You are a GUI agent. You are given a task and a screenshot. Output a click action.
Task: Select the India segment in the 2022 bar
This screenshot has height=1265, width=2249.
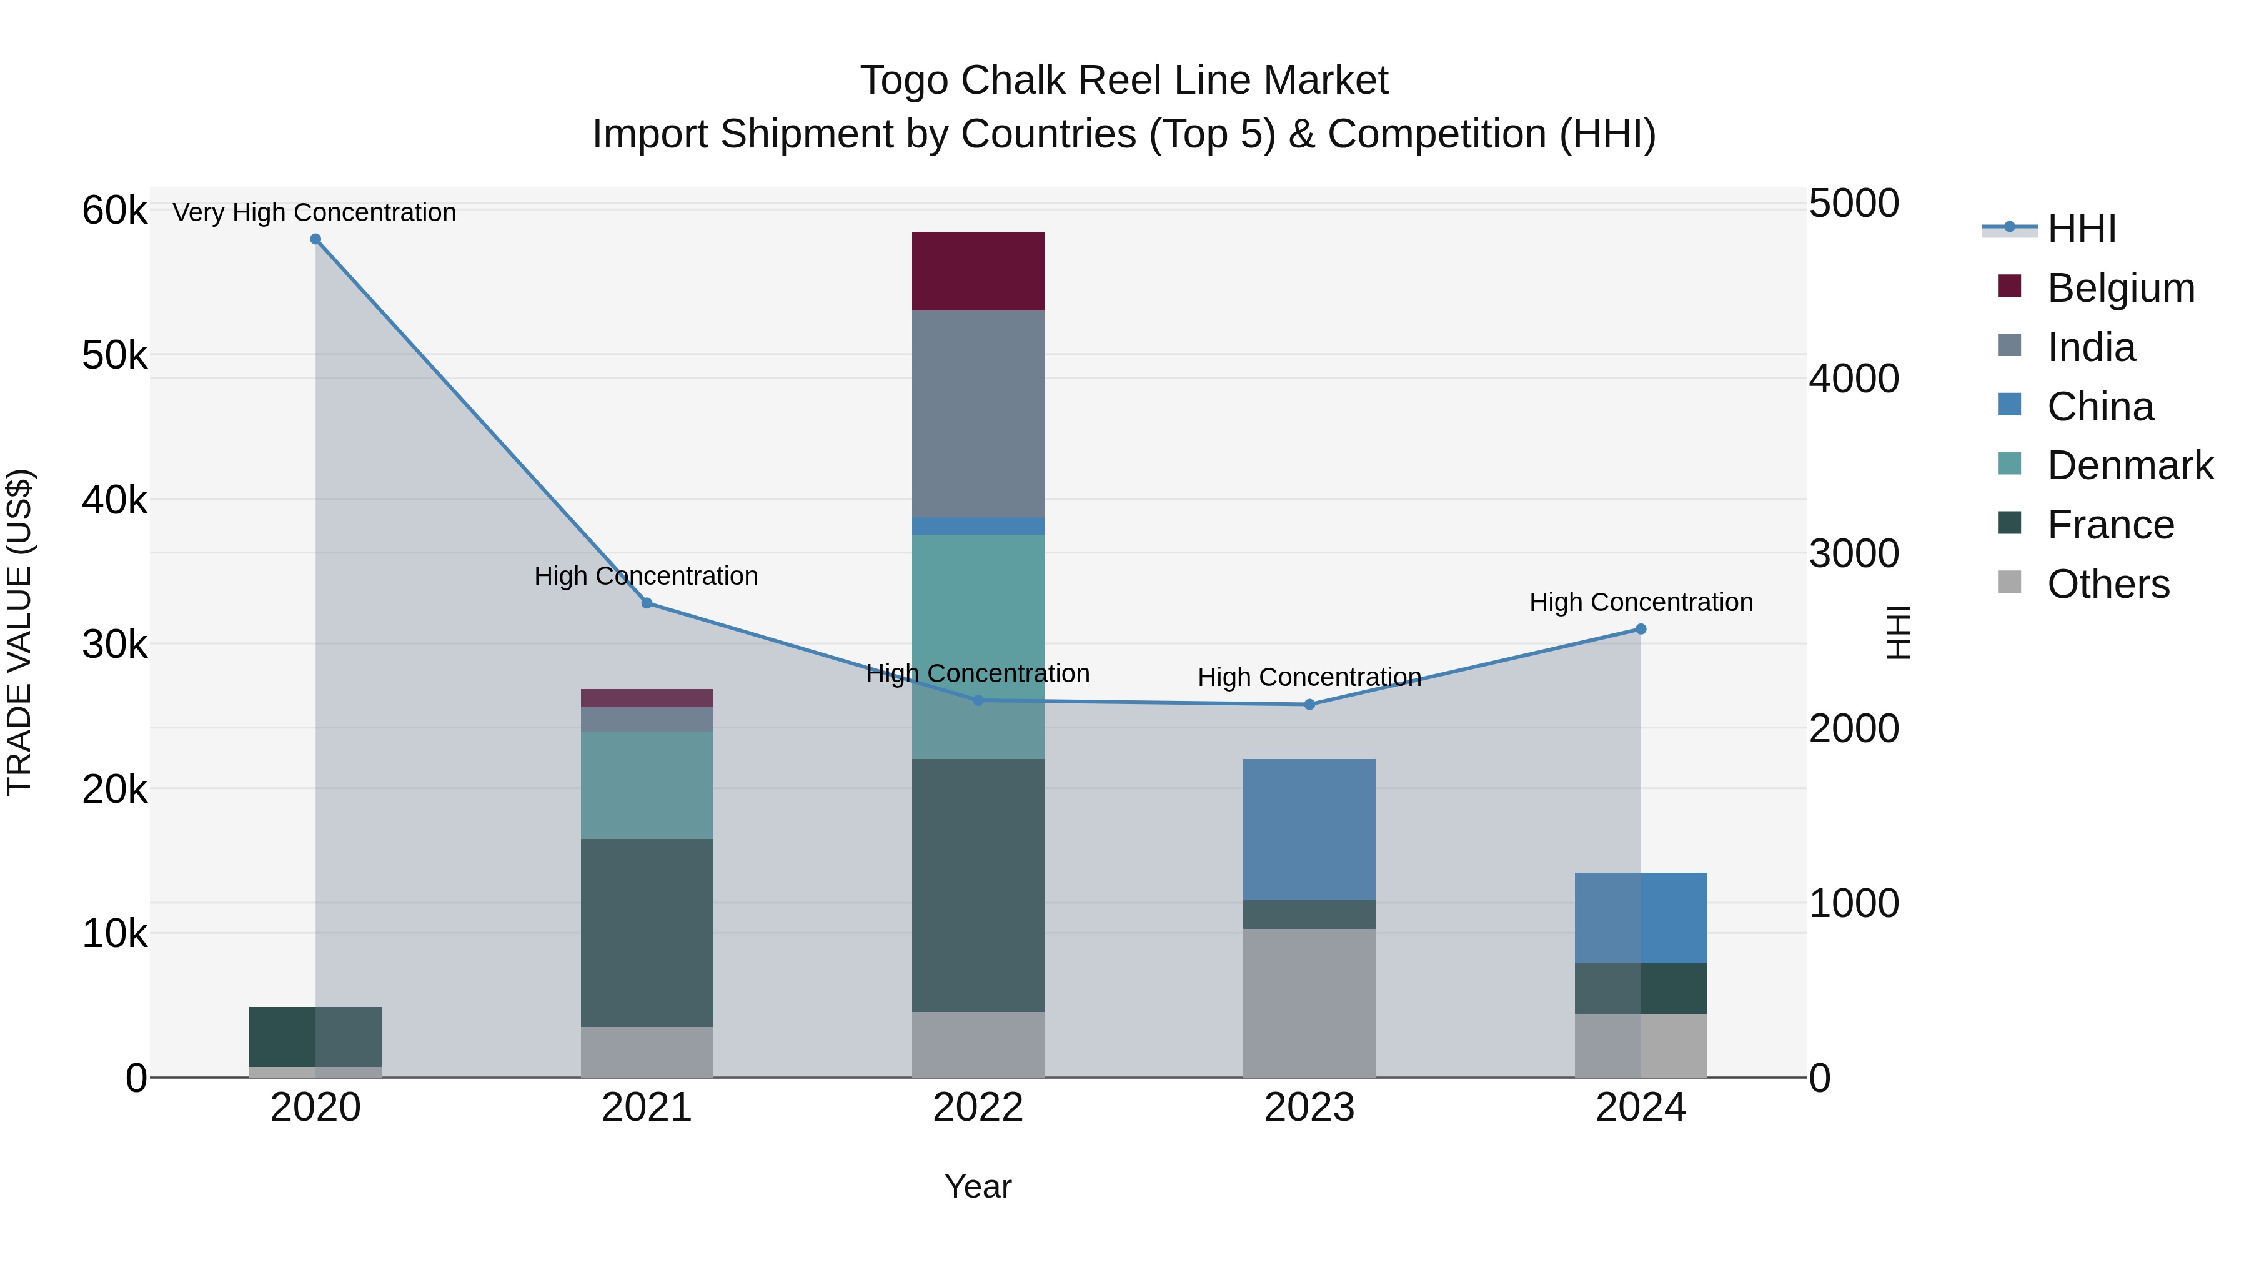[x=978, y=413]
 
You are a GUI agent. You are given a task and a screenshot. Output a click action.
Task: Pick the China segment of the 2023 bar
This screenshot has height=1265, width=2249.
[x=1309, y=830]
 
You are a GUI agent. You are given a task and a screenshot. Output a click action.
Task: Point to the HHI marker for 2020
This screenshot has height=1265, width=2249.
[x=316, y=239]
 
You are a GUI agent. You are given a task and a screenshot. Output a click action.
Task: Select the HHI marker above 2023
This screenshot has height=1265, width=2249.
[x=1309, y=705]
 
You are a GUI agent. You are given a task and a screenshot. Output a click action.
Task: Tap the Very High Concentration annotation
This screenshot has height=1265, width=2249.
[x=314, y=212]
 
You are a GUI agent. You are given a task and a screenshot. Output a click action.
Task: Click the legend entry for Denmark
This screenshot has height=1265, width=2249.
[x=2130, y=465]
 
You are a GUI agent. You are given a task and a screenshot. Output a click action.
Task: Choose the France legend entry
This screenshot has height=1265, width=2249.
[x=2110, y=525]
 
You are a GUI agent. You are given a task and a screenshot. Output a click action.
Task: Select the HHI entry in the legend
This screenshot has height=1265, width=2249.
[x=2082, y=229]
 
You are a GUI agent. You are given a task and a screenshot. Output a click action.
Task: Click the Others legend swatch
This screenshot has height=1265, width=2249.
[x=2010, y=582]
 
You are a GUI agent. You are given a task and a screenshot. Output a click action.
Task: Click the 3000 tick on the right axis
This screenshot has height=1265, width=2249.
[x=1854, y=553]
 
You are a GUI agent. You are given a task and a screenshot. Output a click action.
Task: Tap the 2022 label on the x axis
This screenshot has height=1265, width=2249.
[x=978, y=1108]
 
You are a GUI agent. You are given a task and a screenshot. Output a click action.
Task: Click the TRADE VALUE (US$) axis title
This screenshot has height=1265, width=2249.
[x=19, y=632]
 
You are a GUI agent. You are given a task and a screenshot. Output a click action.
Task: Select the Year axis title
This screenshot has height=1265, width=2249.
[x=978, y=1186]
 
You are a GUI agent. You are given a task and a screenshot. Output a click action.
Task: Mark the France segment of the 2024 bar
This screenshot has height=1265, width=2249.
[x=1641, y=988]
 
